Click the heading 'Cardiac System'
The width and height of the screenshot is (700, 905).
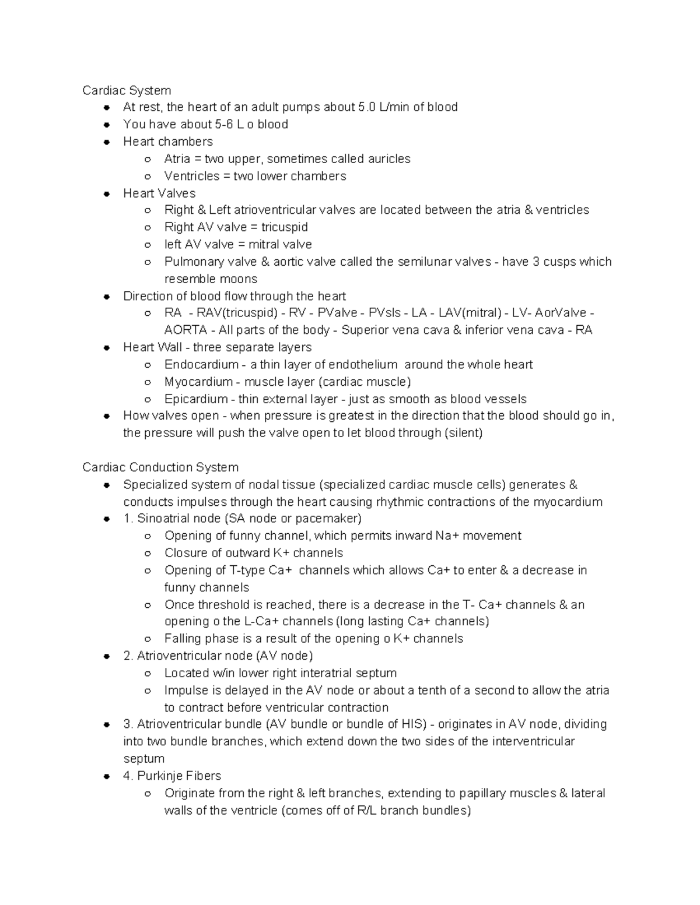[127, 90]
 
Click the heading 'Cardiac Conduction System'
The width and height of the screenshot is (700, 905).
[160, 467]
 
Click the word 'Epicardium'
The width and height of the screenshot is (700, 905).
[196, 399]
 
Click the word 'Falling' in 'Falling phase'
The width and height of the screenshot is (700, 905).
[183, 639]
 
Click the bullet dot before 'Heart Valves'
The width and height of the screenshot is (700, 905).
[107, 193]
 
